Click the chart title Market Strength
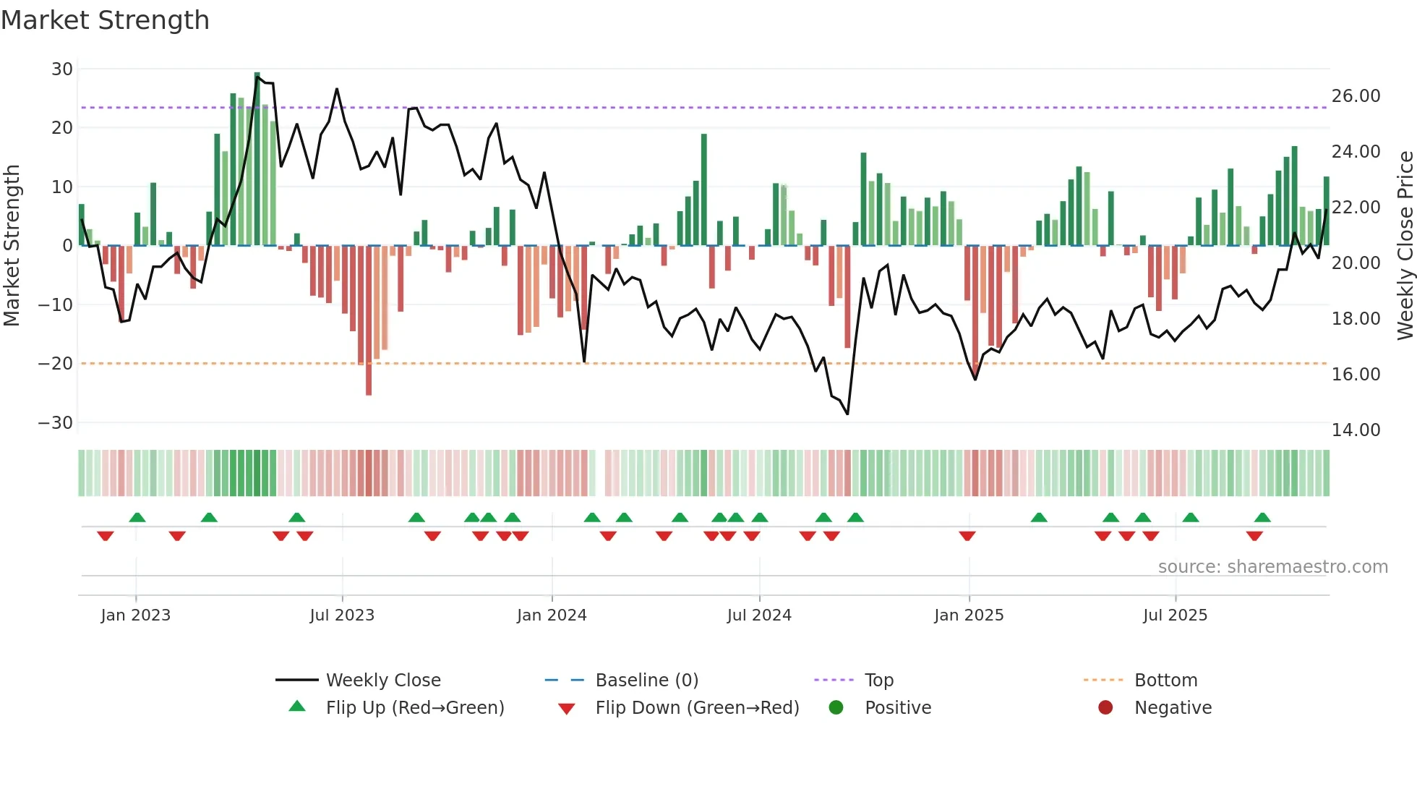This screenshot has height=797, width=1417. [105, 20]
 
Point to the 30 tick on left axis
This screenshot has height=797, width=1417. [62, 69]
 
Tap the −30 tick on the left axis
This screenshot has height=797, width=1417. [56, 423]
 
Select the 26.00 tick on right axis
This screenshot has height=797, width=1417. [1356, 96]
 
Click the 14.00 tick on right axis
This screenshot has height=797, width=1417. [1356, 430]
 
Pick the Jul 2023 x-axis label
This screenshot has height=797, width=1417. [342, 615]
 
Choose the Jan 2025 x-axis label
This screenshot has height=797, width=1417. [968, 615]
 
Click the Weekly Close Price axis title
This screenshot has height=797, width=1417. [1405, 246]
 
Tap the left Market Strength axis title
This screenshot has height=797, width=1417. [12, 246]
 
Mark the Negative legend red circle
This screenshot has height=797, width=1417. [1105, 708]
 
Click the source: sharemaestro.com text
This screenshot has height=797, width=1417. [1272, 567]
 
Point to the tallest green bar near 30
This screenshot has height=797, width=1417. [257, 159]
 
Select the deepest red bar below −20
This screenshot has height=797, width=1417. [369, 322]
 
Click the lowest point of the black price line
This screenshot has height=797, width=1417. [847, 414]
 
